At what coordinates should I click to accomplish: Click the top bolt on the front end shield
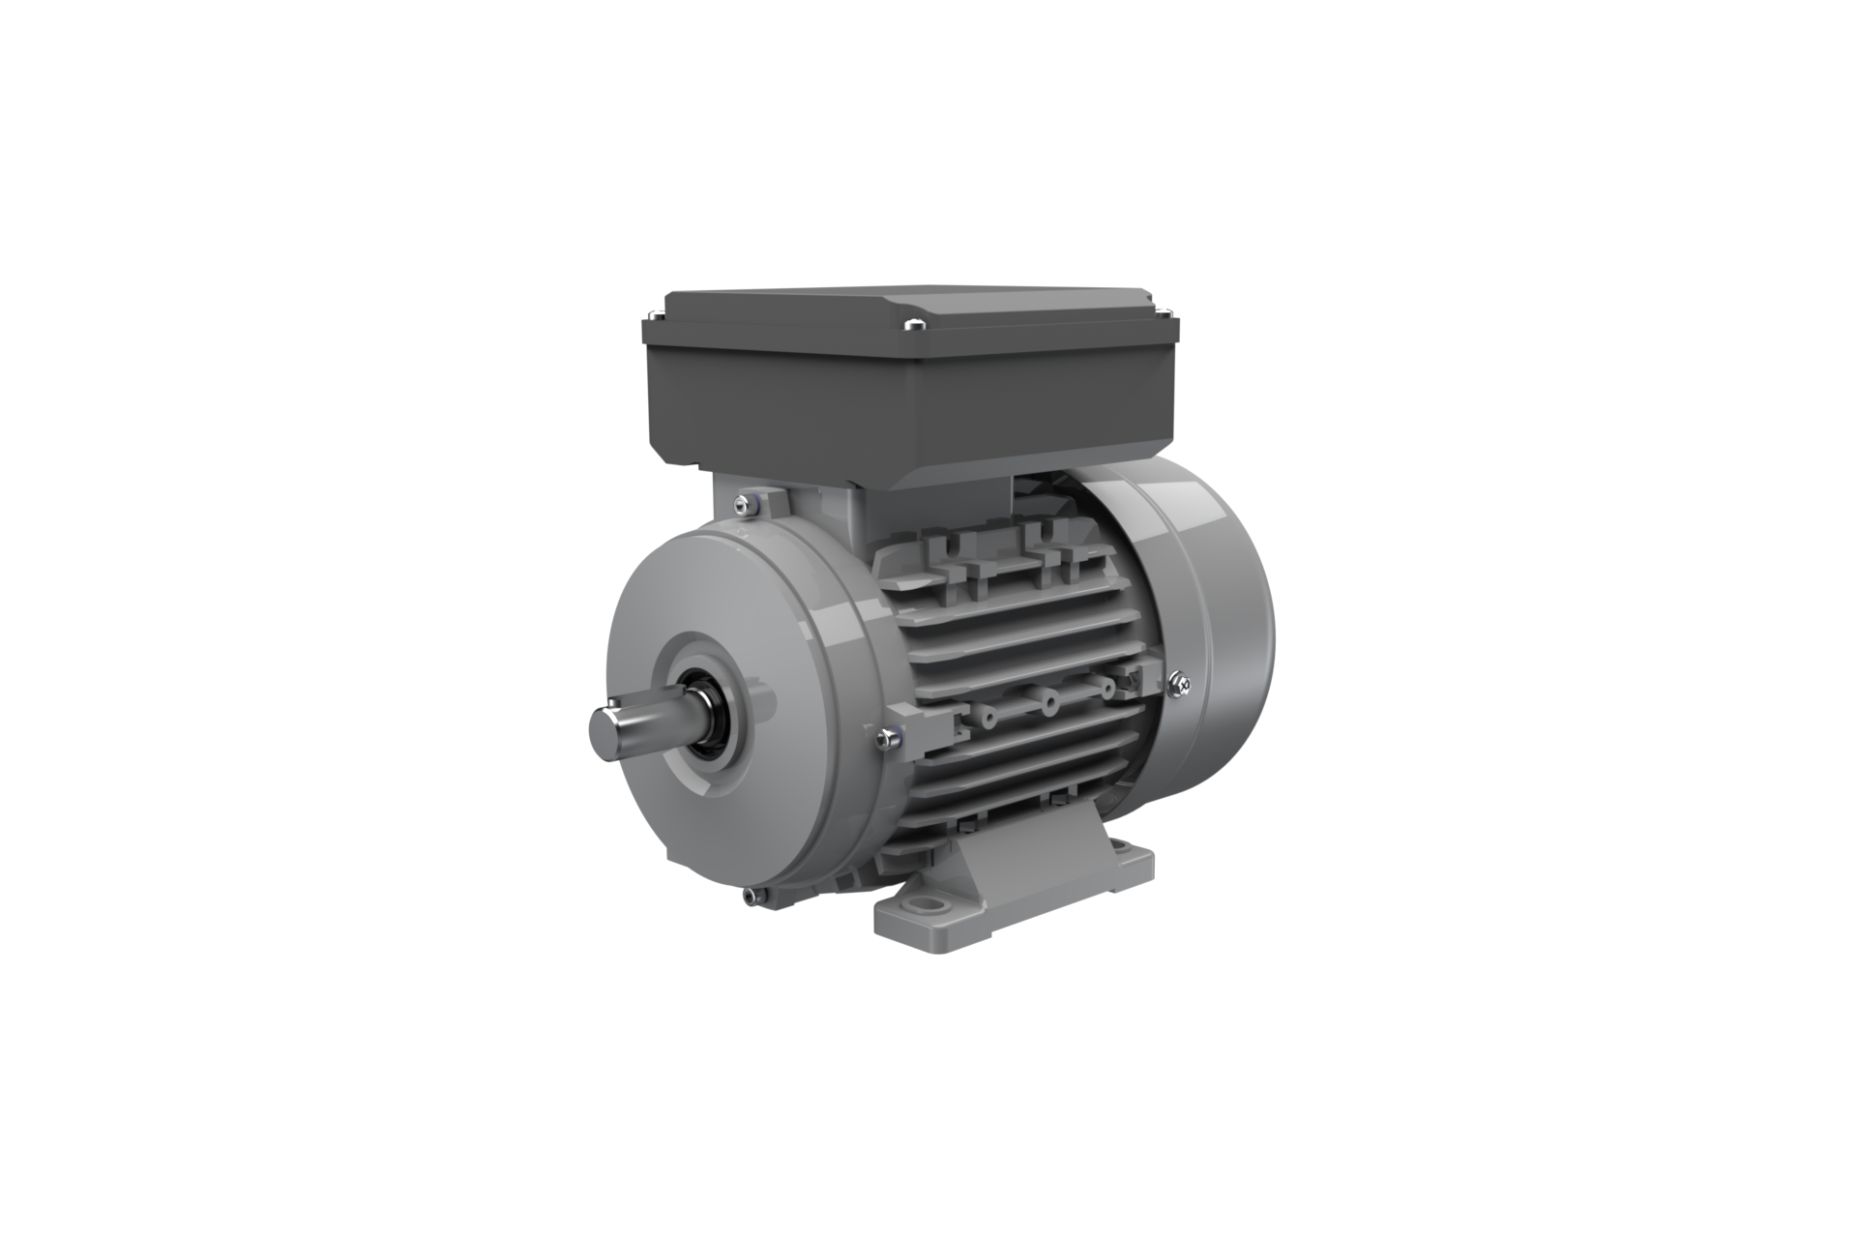(x=743, y=501)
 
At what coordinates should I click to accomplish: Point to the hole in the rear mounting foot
(x=1125, y=851)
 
